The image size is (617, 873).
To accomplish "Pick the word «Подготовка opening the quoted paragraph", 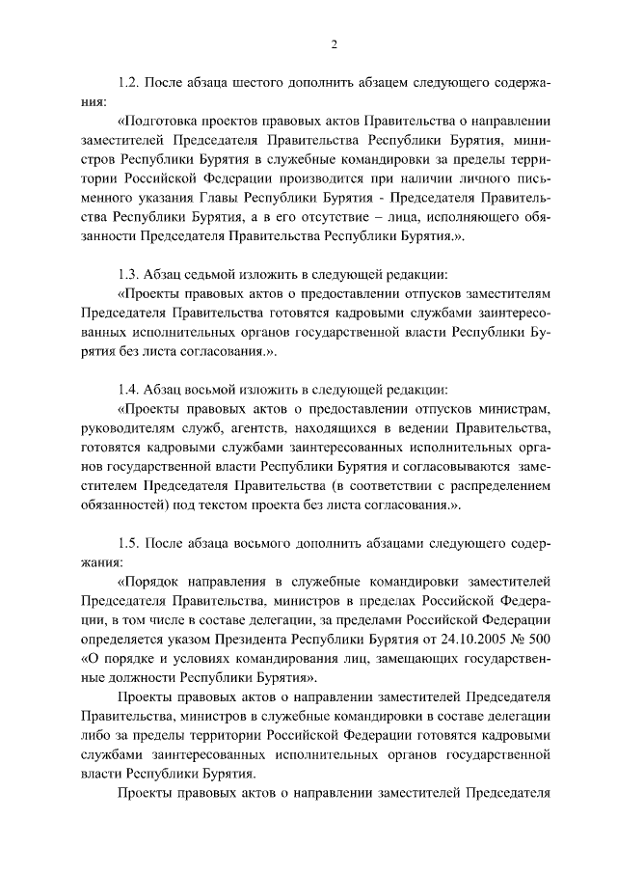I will click(161, 123).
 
